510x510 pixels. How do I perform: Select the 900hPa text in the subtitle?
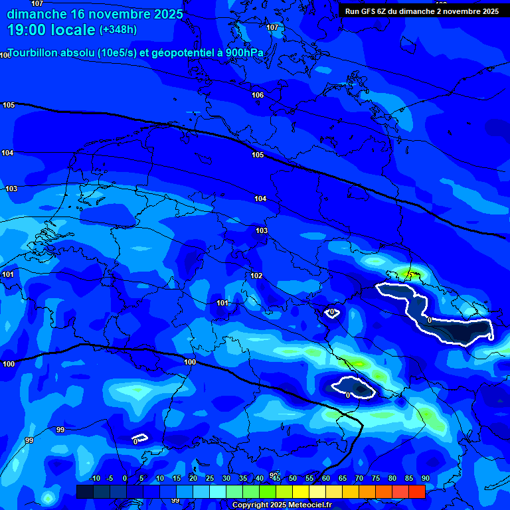(244, 53)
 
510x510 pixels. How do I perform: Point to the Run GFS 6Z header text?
(376, 11)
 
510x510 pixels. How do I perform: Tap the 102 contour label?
(256, 276)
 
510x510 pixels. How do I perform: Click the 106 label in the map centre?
(258, 95)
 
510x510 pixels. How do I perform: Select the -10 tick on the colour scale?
(94, 478)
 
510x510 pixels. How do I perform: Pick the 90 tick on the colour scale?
(425, 478)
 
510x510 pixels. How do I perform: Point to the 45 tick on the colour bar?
(276, 478)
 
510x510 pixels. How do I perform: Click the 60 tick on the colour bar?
(325, 478)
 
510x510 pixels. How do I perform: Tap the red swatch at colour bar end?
(417, 491)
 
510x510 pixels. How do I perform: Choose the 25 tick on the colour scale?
(209, 478)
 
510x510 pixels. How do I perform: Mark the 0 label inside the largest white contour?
(430, 320)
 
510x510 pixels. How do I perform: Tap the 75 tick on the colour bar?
(375, 478)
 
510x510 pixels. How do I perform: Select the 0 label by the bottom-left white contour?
(135, 441)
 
